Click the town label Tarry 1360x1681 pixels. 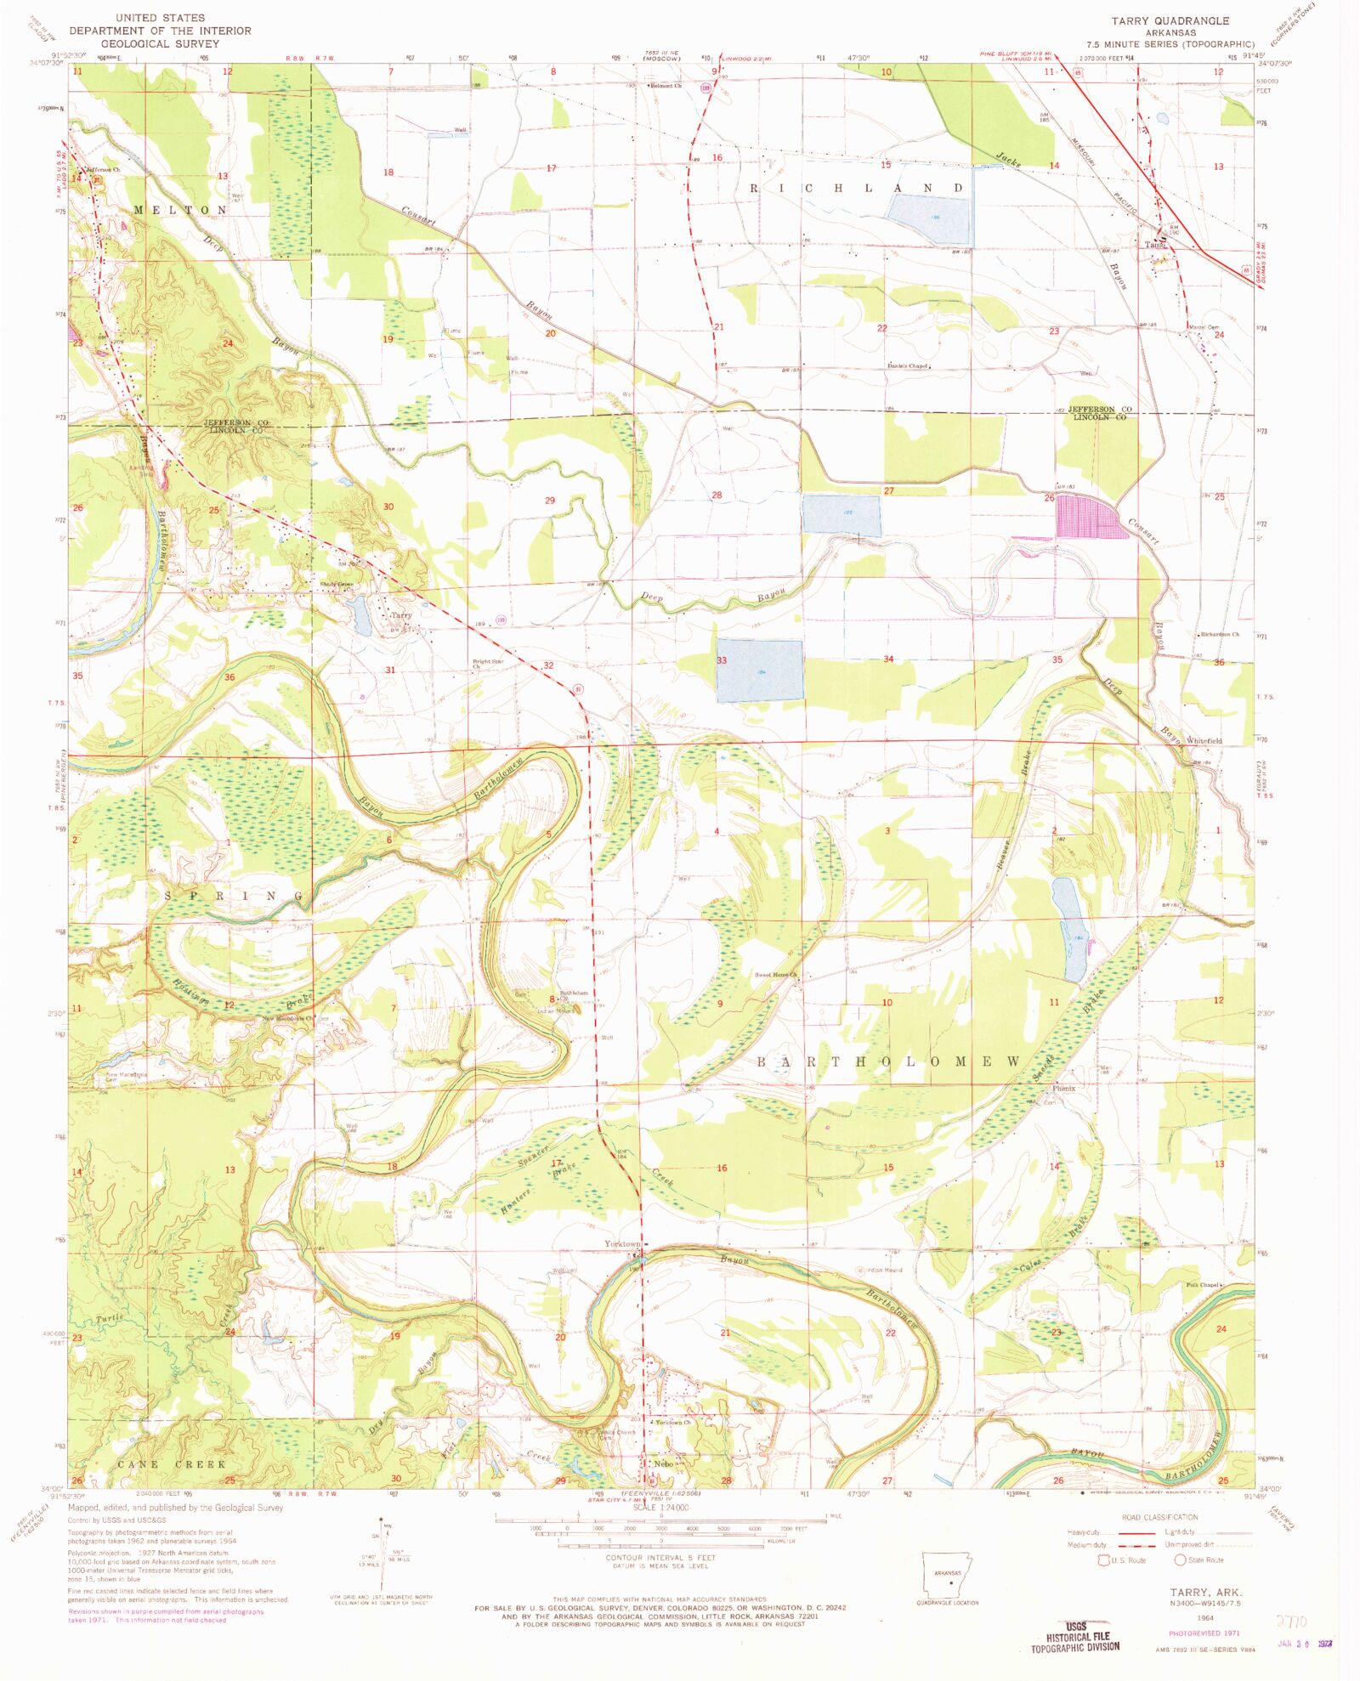pos(400,615)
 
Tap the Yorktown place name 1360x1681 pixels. pos(621,1244)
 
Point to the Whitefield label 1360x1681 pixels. pos(1204,741)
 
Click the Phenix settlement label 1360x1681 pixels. pos(1063,1089)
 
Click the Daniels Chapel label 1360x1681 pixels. pos(907,366)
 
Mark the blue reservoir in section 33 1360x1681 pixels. pos(759,671)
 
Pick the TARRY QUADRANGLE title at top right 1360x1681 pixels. pos(1170,21)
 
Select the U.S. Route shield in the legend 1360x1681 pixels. pos(1105,1560)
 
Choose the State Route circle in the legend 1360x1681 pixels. pos(1180,1560)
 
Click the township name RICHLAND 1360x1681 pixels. pos(856,188)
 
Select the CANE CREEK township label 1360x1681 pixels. pos(172,1464)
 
